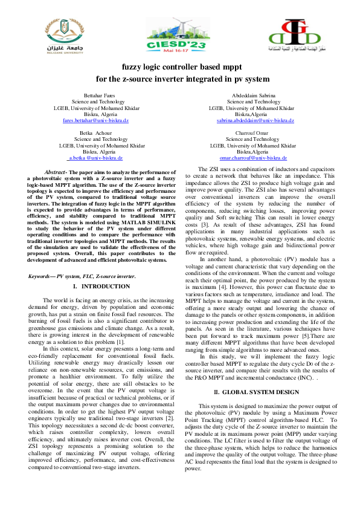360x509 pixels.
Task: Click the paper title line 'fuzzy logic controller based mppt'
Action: click(x=179, y=68)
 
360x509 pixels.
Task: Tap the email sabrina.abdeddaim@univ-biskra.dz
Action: click(x=256, y=120)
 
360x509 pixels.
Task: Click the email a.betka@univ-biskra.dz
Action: click(x=96, y=157)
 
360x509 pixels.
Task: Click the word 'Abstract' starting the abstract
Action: click(x=56, y=172)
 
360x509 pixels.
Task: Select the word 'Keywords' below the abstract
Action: click(x=40, y=276)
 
